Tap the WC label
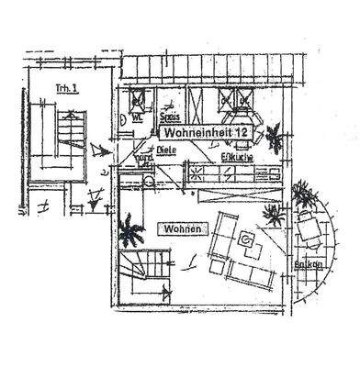(x=136, y=117)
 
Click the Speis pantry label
(x=170, y=117)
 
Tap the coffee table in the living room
(x=246, y=240)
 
